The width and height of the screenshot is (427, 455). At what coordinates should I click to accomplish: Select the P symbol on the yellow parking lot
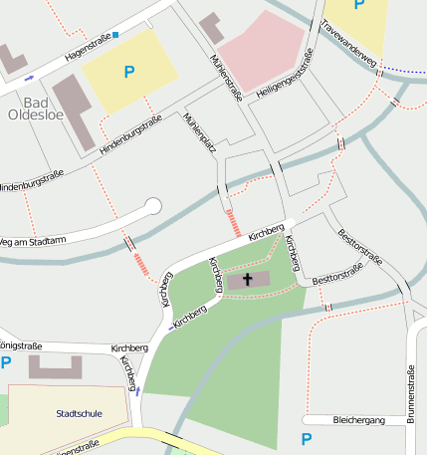click(x=128, y=72)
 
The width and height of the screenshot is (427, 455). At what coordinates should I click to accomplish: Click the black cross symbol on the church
click(x=247, y=280)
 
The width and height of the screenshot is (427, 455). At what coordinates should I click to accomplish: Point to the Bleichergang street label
click(x=358, y=420)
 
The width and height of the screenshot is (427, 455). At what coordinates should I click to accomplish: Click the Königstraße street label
click(x=20, y=346)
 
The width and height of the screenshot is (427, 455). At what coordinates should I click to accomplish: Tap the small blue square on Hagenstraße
click(x=115, y=35)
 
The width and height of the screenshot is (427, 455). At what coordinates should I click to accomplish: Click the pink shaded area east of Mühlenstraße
click(x=262, y=50)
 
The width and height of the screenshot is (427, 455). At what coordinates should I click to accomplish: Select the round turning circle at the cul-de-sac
click(x=152, y=206)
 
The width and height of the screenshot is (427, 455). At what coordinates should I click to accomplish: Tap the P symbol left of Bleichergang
click(x=307, y=438)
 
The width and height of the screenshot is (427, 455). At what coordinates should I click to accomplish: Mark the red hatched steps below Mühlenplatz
click(x=234, y=222)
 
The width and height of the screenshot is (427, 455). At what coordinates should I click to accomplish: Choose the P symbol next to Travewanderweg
click(x=358, y=6)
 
